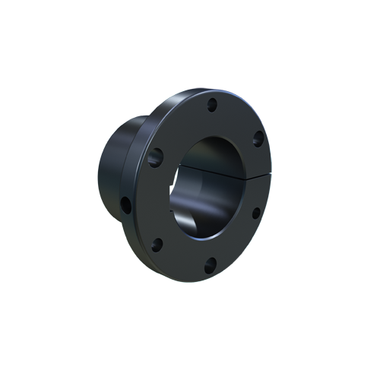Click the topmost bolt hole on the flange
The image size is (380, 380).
pyautogui.click(x=212, y=104)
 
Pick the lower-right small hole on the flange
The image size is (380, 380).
pyautogui.click(x=255, y=213)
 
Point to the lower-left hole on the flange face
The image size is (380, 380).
pyautogui.click(x=157, y=245)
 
